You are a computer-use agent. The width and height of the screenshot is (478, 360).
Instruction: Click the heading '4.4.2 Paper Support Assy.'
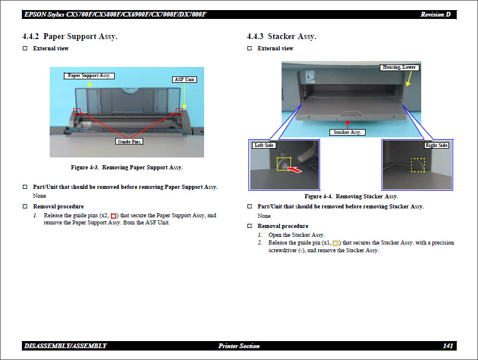[x=70, y=37]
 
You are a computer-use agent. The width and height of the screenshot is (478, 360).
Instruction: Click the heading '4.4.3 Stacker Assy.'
[x=282, y=37]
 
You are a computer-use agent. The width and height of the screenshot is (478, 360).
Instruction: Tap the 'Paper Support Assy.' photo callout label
[x=89, y=76]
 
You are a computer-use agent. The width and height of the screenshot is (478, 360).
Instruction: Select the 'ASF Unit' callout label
[x=184, y=79]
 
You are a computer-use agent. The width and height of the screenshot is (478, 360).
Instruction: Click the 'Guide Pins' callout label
[x=129, y=142]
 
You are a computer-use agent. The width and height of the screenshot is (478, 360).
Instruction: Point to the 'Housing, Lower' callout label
[x=399, y=67]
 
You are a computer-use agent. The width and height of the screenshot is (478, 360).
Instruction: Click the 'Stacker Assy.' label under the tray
[x=347, y=132]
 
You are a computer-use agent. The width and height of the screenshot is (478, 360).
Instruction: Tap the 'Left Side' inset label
[x=263, y=145]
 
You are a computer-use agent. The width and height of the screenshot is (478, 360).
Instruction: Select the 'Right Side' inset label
[x=436, y=145]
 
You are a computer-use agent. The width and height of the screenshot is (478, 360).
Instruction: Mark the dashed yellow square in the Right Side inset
[x=418, y=165]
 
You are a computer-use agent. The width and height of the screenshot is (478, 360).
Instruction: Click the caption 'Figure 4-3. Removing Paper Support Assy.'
[x=127, y=168]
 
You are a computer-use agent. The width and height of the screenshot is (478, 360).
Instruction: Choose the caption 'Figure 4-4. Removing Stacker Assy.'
[x=351, y=196]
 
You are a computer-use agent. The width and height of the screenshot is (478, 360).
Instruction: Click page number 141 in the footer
[x=447, y=346]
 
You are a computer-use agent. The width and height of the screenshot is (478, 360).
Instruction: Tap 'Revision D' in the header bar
[x=438, y=14]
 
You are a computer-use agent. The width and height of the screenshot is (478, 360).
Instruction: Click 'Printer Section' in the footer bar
[x=238, y=346]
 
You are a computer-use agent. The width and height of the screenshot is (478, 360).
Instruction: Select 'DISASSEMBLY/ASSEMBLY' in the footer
[x=66, y=346]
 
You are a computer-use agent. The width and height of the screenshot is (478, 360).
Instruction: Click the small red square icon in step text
[x=114, y=216]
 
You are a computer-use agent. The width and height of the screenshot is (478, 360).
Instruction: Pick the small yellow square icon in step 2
[x=336, y=243]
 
